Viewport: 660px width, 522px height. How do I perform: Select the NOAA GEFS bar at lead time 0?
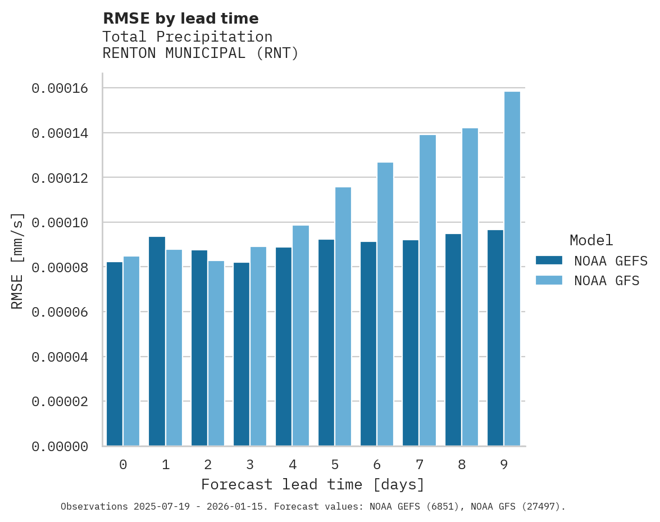pos(115,354)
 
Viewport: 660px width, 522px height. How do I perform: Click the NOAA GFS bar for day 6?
pos(385,304)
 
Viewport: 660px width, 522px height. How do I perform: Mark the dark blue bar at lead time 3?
pos(242,354)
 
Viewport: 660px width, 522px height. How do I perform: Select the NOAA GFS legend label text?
pos(607,281)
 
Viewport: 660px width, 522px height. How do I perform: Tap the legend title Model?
pos(591,240)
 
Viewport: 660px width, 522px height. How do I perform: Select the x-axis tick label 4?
pos(293,465)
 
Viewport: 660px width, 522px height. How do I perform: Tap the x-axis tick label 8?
pos(462,465)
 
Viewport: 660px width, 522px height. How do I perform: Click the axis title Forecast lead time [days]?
pos(313,484)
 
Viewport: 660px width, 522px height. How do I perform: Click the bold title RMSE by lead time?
pos(180,19)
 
